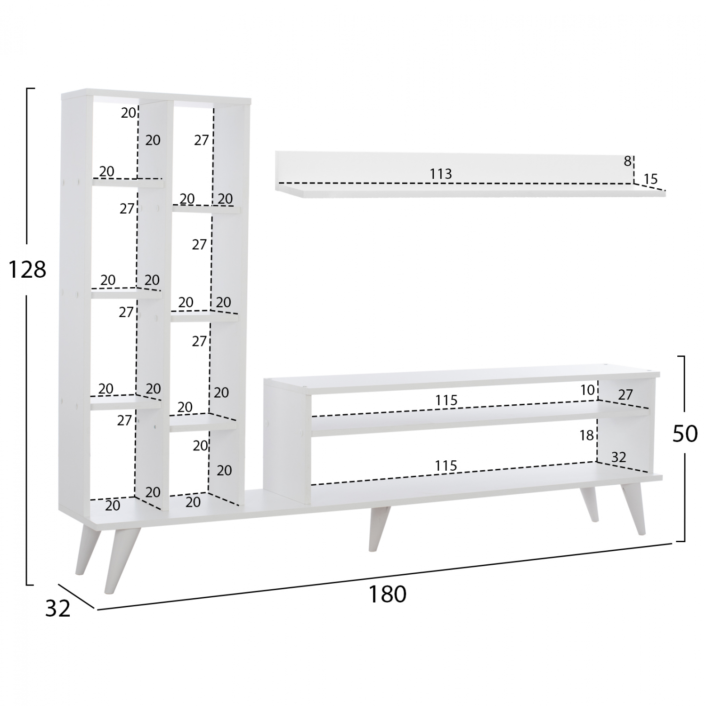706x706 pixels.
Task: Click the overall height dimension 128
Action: tap(27, 270)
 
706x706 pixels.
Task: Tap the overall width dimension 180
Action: tap(387, 594)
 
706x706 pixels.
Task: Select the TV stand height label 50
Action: tap(684, 434)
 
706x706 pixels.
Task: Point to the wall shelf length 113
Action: tap(441, 174)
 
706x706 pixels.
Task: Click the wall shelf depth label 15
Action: tap(650, 179)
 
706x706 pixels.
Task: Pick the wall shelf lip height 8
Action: tap(627, 161)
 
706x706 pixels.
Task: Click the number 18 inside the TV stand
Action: tap(587, 435)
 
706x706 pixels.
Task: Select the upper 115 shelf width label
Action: tap(446, 401)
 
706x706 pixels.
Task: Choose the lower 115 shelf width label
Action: tap(446, 466)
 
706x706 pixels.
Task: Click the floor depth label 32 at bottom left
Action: tap(58, 609)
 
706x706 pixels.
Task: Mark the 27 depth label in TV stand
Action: tap(625, 394)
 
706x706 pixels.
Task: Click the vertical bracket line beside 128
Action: tap(27, 337)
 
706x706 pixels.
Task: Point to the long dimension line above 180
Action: tap(384, 577)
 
